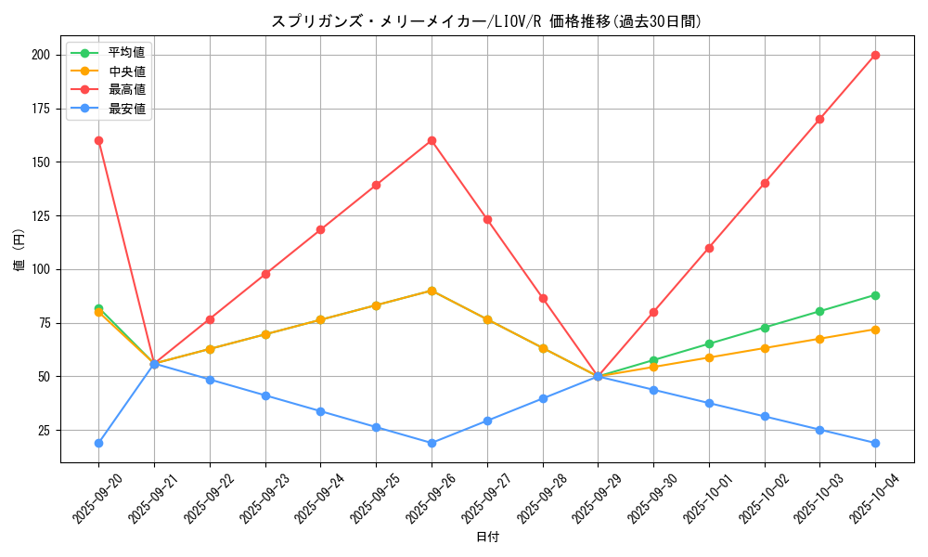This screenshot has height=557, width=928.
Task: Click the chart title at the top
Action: pyautogui.click(x=486, y=21)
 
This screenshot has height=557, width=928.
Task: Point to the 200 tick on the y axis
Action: pyautogui.click(x=40, y=55)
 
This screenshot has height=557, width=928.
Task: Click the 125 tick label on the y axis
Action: pyautogui.click(x=40, y=216)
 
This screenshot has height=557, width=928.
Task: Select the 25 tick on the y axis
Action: pyautogui.click(x=44, y=431)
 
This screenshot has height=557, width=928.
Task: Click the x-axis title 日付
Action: pyautogui.click(x=487, y=538)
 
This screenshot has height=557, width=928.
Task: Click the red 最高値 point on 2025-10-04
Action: pyautogui.click(x=875, y=55)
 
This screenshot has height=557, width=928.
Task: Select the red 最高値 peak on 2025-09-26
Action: pyautogui.click(x=432, y=140)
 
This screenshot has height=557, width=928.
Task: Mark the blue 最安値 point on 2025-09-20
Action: pyautogui.click(x=98, y=443)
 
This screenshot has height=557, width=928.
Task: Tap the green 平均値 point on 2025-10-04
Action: pyautogui.click(x=875, y=295)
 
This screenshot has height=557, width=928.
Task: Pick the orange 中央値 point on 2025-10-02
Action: pyautogui.click(x=765, y=348)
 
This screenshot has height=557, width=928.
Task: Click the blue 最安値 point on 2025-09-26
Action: pyautogui.click(x=432, y=443)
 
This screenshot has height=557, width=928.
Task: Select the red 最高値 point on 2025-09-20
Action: pyautogui.click(x=98, y=140)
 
